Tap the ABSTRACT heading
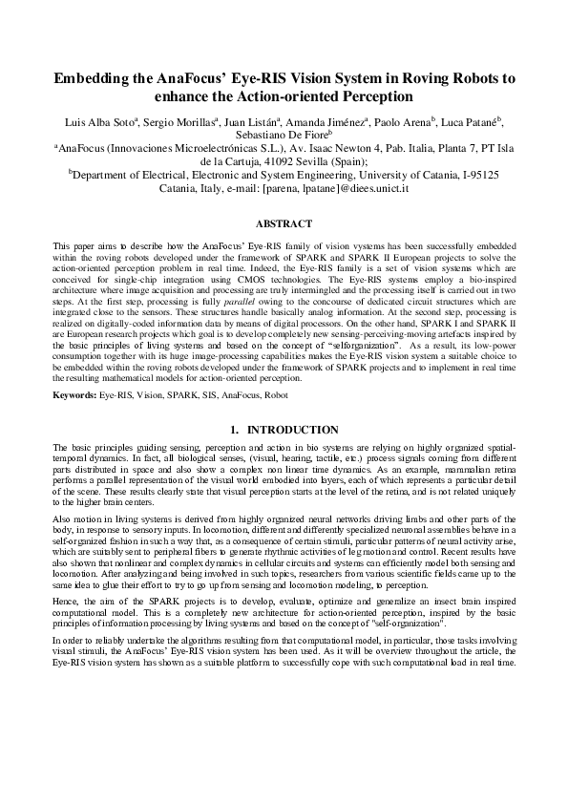pyautogui.click(x=284, y=224)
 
